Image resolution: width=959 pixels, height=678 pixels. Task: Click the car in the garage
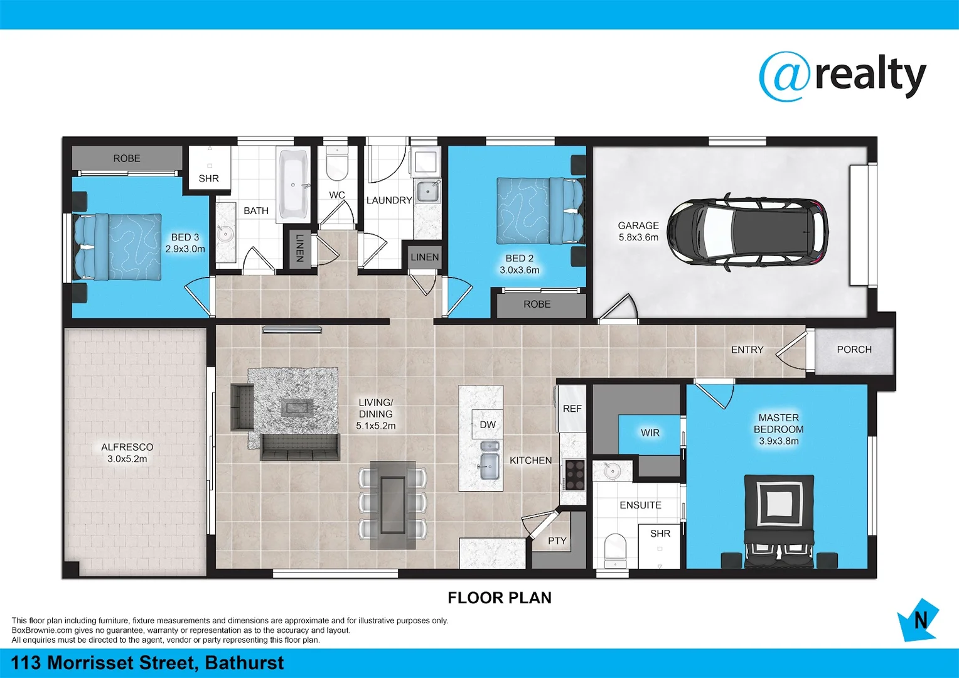(x=747, y=233)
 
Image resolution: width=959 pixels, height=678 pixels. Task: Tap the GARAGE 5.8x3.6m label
(x=638, y=231)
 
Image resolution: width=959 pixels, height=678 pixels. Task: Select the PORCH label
(x=854, y=350)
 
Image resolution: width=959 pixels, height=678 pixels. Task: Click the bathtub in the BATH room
(x=294, y=183)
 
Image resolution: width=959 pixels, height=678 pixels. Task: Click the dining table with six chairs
(x=392, y=504)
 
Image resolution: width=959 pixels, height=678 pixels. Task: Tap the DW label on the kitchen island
(x=488, y=425)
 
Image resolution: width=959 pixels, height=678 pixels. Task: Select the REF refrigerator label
(x=572, y=409)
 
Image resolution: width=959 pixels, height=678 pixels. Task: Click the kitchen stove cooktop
(x=574, y=475)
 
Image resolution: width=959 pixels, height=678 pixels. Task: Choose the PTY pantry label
(x=557, y=541)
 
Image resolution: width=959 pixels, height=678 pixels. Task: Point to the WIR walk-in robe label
(x=650, y=433)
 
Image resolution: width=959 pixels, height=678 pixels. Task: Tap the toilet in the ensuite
(x=615, y=549)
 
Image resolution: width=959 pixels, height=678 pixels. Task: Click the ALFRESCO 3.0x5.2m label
(x=127, y=453)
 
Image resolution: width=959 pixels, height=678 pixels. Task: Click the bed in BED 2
(x=540, y=211)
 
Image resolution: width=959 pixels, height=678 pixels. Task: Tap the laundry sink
(x=428, y=191)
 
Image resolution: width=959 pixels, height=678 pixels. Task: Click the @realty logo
(x=842, y=77)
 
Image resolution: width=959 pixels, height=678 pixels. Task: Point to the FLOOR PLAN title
(x=500, y=598)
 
